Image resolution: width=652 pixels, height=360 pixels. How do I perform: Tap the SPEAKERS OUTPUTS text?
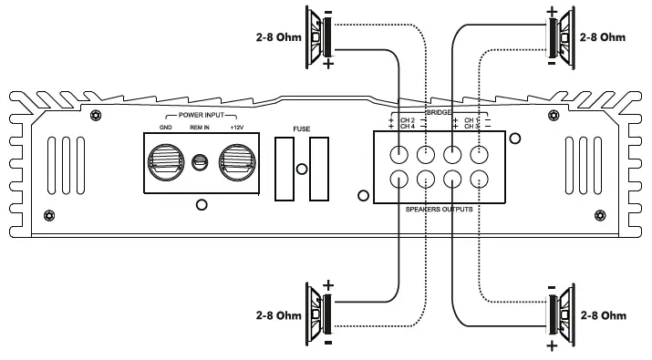point(439,210)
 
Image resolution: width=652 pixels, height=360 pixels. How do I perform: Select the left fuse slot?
point(284,170)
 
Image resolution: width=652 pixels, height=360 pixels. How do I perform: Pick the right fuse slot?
point(318,170)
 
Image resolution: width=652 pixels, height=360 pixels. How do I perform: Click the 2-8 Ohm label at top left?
point(275,39)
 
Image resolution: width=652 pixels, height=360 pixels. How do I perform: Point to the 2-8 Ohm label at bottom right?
point(604,315)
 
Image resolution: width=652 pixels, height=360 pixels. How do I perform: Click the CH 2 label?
point(407,119)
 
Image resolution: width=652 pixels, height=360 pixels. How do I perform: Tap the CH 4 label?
point(407,127)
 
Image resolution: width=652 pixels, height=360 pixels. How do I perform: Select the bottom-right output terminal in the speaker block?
point(479,180)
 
